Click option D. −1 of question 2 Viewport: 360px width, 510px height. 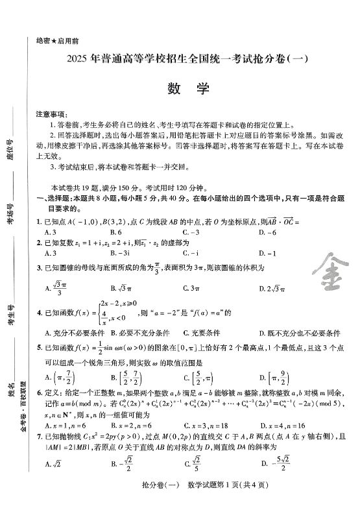(x=267, y=253)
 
